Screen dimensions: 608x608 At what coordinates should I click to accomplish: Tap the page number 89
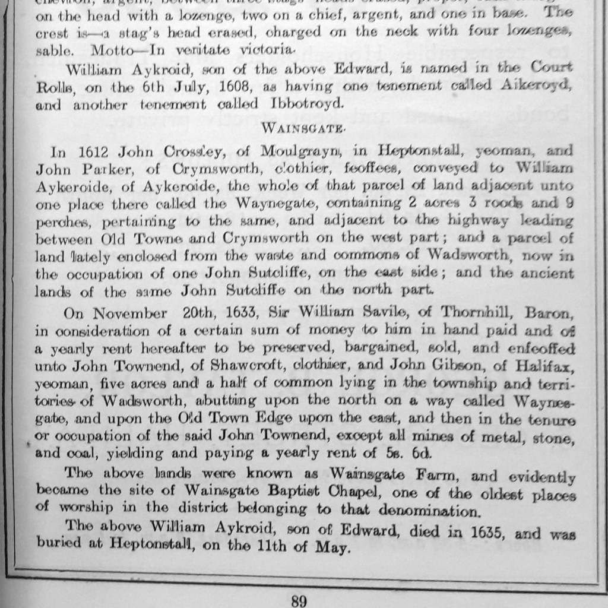(299, 600)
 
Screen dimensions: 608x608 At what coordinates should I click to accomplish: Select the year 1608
(230, 86)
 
